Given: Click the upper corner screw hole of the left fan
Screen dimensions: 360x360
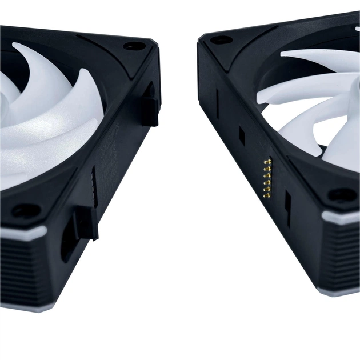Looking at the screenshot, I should point(135,46).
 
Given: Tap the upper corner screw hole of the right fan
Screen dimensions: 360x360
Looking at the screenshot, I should point(221,40).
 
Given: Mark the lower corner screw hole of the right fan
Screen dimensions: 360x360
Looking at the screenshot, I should point(342,194).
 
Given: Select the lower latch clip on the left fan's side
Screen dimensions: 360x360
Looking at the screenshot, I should point(86,222).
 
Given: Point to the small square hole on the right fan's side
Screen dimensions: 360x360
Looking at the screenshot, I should point(242,135).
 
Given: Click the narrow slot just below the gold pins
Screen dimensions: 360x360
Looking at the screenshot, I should point(287,209).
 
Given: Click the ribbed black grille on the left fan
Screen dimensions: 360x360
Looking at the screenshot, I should point(26,269).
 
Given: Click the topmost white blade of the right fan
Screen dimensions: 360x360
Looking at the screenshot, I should point(320,60).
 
